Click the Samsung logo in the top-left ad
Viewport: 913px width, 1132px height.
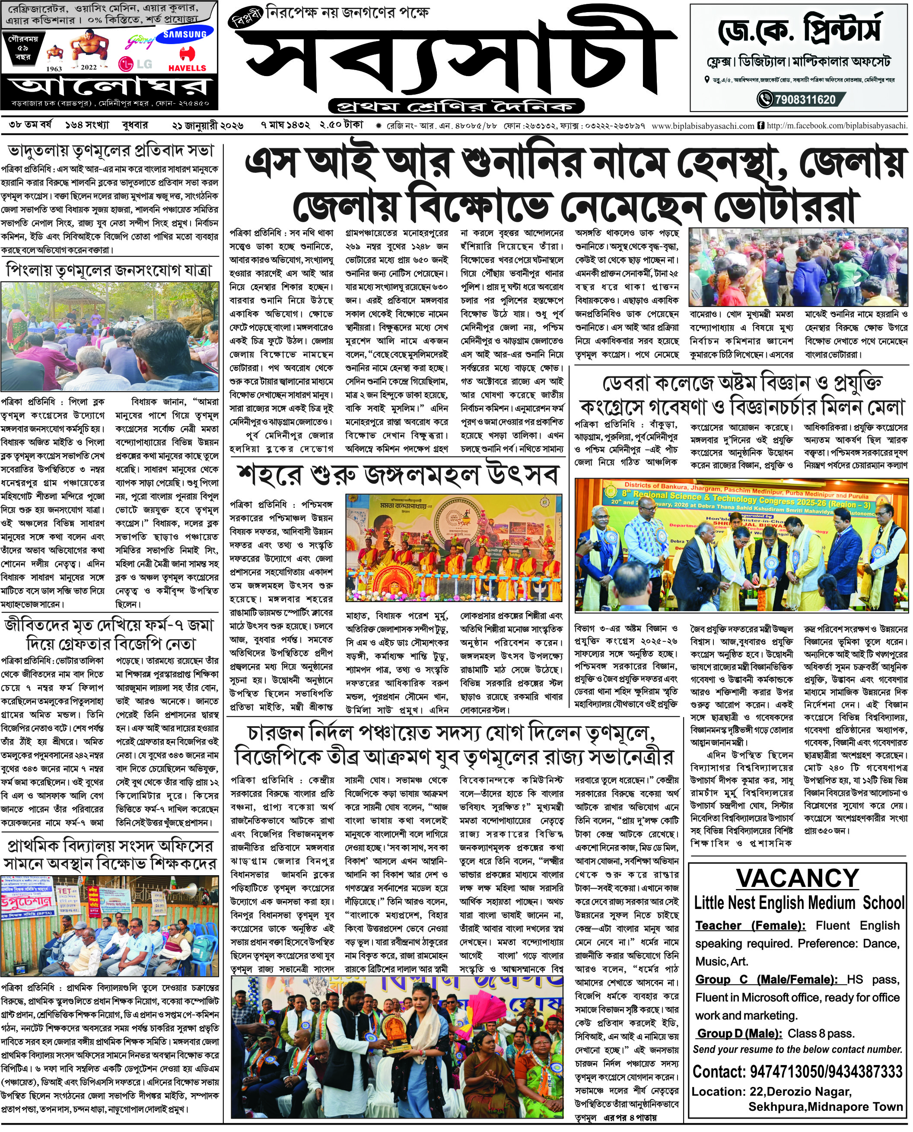pos(185,35)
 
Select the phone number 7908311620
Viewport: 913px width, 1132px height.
pos(805,99)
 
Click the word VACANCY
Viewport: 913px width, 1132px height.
pos(797,878)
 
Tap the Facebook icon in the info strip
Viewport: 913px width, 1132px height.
pos(760,126)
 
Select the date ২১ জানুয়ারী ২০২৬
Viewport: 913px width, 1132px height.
pos(208,126)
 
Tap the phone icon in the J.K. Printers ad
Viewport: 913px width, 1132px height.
pos(764,99)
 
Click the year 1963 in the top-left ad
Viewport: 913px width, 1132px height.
pos(54,68)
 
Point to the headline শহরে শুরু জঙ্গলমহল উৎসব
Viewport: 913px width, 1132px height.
pos(398,475)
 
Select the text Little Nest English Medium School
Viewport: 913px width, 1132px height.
pos(798,903)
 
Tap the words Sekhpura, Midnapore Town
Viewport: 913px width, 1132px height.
pos(825,1107)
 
